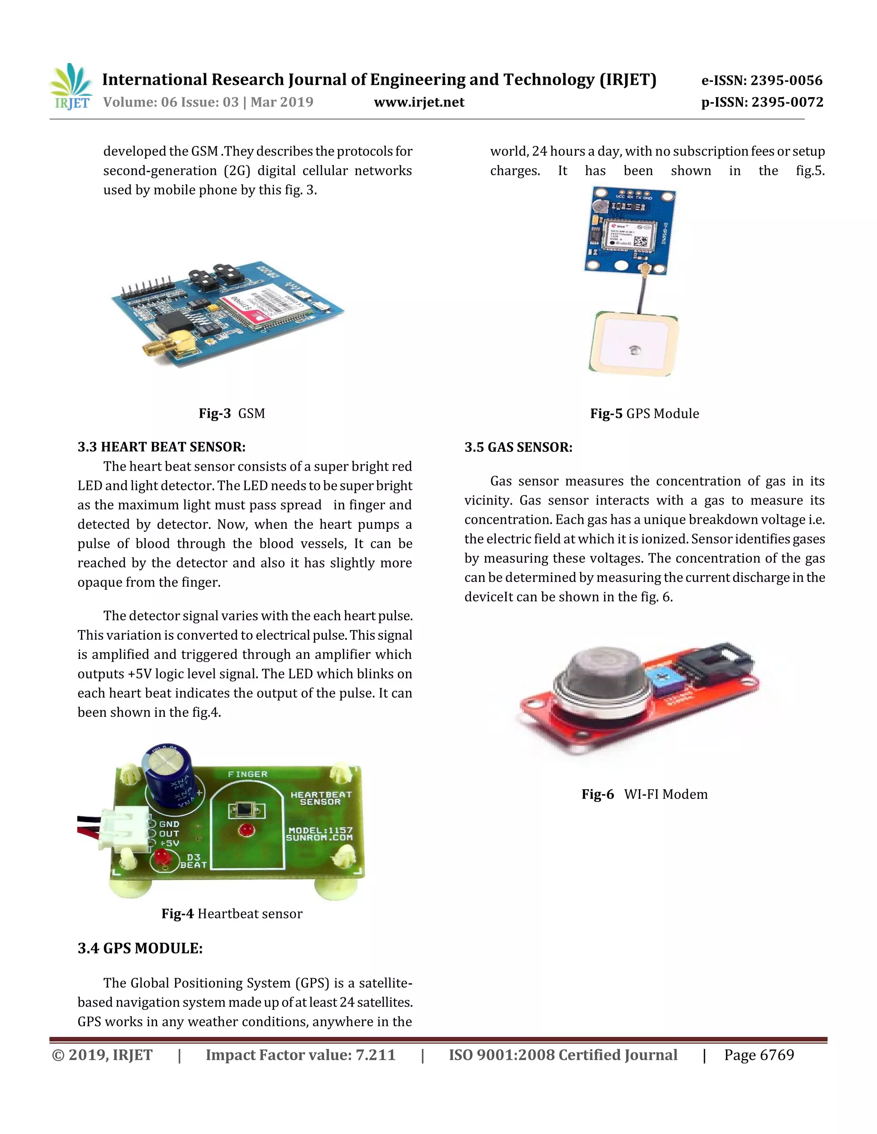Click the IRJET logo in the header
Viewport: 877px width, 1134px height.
click(x=71, y=87)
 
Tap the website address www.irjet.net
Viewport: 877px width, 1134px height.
click(x=419, y=102)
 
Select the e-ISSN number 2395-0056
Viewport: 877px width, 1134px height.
click(x=786, y=80)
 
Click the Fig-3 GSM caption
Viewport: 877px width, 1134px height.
click(x=232, y=413)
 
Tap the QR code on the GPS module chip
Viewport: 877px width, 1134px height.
click(x=641, y=242)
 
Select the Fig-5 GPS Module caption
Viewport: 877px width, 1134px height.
click(x=644, y=414)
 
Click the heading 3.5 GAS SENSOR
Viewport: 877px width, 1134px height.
click(x=519, y=448)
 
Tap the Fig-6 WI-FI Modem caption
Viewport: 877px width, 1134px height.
click(x=644, y=794)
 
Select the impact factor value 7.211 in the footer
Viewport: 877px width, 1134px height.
click(x=375, y=1055)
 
